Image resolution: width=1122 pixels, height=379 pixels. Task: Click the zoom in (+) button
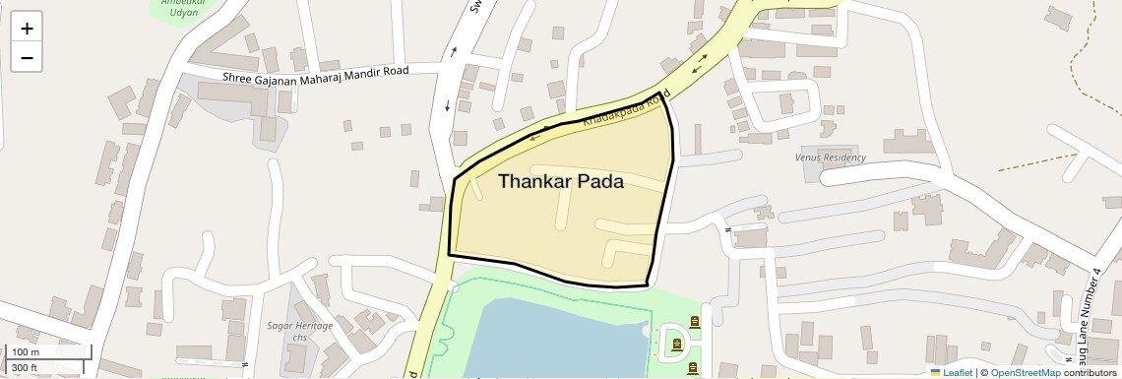(27, 29)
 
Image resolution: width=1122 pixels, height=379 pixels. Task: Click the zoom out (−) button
(27, 57)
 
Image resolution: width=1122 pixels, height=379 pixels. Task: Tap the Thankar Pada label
(560, 181)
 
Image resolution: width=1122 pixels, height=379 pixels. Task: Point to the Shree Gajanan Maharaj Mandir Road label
(316, 74)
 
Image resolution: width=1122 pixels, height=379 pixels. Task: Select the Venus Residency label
(830, 158)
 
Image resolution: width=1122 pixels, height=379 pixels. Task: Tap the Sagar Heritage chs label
(300, 331)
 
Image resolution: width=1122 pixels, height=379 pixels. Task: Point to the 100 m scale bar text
(26, 352)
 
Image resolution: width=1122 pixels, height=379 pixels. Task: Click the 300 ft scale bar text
(25, 368)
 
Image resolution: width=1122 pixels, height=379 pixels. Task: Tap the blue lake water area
(551, 340)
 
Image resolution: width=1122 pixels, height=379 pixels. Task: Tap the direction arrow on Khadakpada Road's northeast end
(699, 67)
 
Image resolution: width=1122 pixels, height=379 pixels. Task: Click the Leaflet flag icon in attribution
(935, 372)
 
